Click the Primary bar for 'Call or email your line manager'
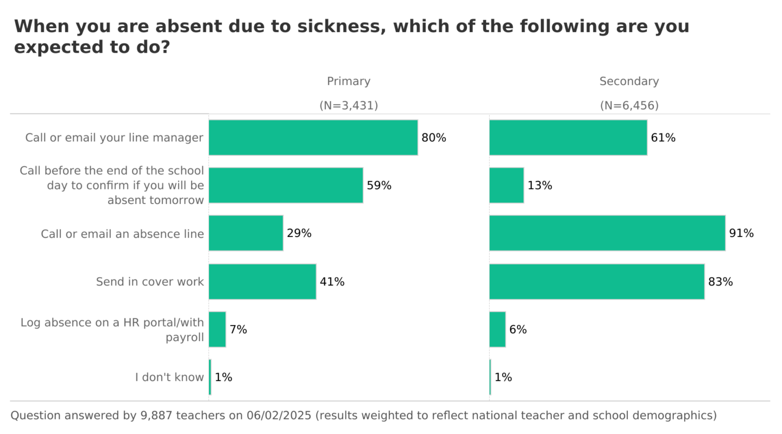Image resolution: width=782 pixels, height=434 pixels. click(313, 138)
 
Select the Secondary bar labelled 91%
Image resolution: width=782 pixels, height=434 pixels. click(607, 233)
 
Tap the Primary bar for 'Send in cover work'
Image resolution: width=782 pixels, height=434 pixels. click(262, 282)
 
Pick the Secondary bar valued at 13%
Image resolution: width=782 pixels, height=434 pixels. click(507, 186)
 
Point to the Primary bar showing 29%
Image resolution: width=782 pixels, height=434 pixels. click(246, 233)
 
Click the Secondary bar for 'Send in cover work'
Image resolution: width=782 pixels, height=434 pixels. click(597, 282)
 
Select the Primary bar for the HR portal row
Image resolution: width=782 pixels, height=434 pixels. click(217, 329)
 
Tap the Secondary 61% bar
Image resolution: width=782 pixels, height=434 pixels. click(568, 138)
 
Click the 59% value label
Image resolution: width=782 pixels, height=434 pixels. click(379, 186)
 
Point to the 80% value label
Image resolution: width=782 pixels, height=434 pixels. click(434, 138)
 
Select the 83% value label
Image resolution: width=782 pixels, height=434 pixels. click(721, 282)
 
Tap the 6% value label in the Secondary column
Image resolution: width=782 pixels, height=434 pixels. click(518, 329)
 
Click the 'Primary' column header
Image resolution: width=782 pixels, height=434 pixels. click(349, 81)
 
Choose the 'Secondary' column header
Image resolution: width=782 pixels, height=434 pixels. click(629, 81)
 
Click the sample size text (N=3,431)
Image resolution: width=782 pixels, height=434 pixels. click(349, 106)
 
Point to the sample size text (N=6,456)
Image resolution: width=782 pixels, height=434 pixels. click(629, 106)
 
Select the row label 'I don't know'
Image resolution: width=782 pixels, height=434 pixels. click(169, 377)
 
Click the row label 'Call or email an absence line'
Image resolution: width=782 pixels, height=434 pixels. click(122, 234)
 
